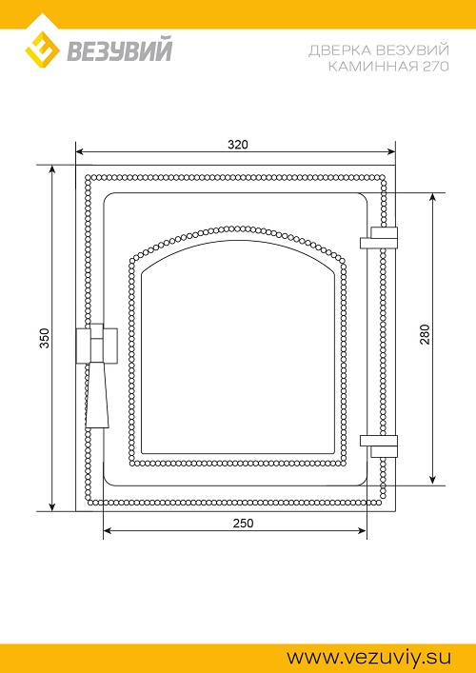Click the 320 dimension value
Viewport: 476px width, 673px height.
point(237,145)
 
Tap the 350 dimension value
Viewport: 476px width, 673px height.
point(45,338)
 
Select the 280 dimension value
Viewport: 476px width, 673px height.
point(425,334)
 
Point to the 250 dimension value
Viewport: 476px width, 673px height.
point(244,524)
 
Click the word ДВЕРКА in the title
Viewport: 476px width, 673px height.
point(340,50)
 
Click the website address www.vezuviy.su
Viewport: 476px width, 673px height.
point(369,658)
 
